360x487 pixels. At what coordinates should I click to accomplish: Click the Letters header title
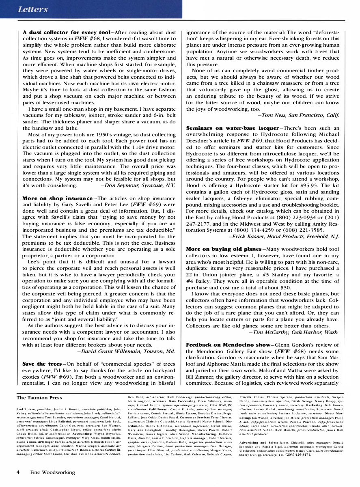(33, 9)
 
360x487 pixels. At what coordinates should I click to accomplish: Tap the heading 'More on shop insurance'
(57, 198)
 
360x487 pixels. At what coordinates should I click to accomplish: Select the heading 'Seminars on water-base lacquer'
(232, 128)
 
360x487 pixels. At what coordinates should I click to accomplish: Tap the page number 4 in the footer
(18, 472)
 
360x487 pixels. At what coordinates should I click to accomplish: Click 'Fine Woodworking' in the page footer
(52, 472)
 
